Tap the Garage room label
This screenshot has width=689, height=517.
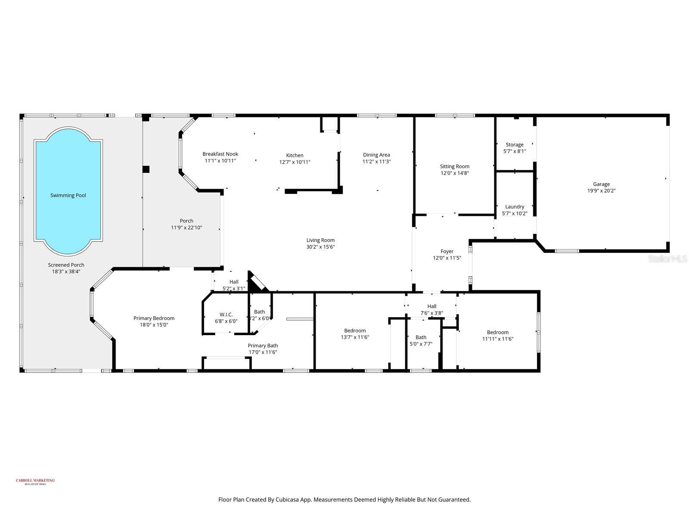tap(601, 184)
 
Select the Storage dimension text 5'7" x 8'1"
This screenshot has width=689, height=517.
tap(515, 151)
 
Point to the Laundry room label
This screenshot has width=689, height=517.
tap(515, 207)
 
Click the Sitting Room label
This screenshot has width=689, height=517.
tap(454, 166)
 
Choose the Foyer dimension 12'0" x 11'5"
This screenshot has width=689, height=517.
tap(447, 258)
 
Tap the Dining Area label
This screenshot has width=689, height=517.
tap(376, 155)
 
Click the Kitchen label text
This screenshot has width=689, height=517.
tap(295, 155)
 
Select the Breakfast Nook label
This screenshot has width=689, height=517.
tap(220, 154)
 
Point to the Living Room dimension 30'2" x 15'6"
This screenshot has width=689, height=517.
tap(320, 247)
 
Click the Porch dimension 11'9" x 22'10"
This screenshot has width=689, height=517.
tap(186, 227)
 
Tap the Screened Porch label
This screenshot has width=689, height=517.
tap(66, 265)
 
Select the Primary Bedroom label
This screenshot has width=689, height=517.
tap(154, 318)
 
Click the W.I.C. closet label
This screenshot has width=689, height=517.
tap(226, 315)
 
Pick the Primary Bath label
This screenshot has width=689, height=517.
tap(263, 346)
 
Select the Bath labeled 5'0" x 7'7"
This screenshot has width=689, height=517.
tap(421, 337)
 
